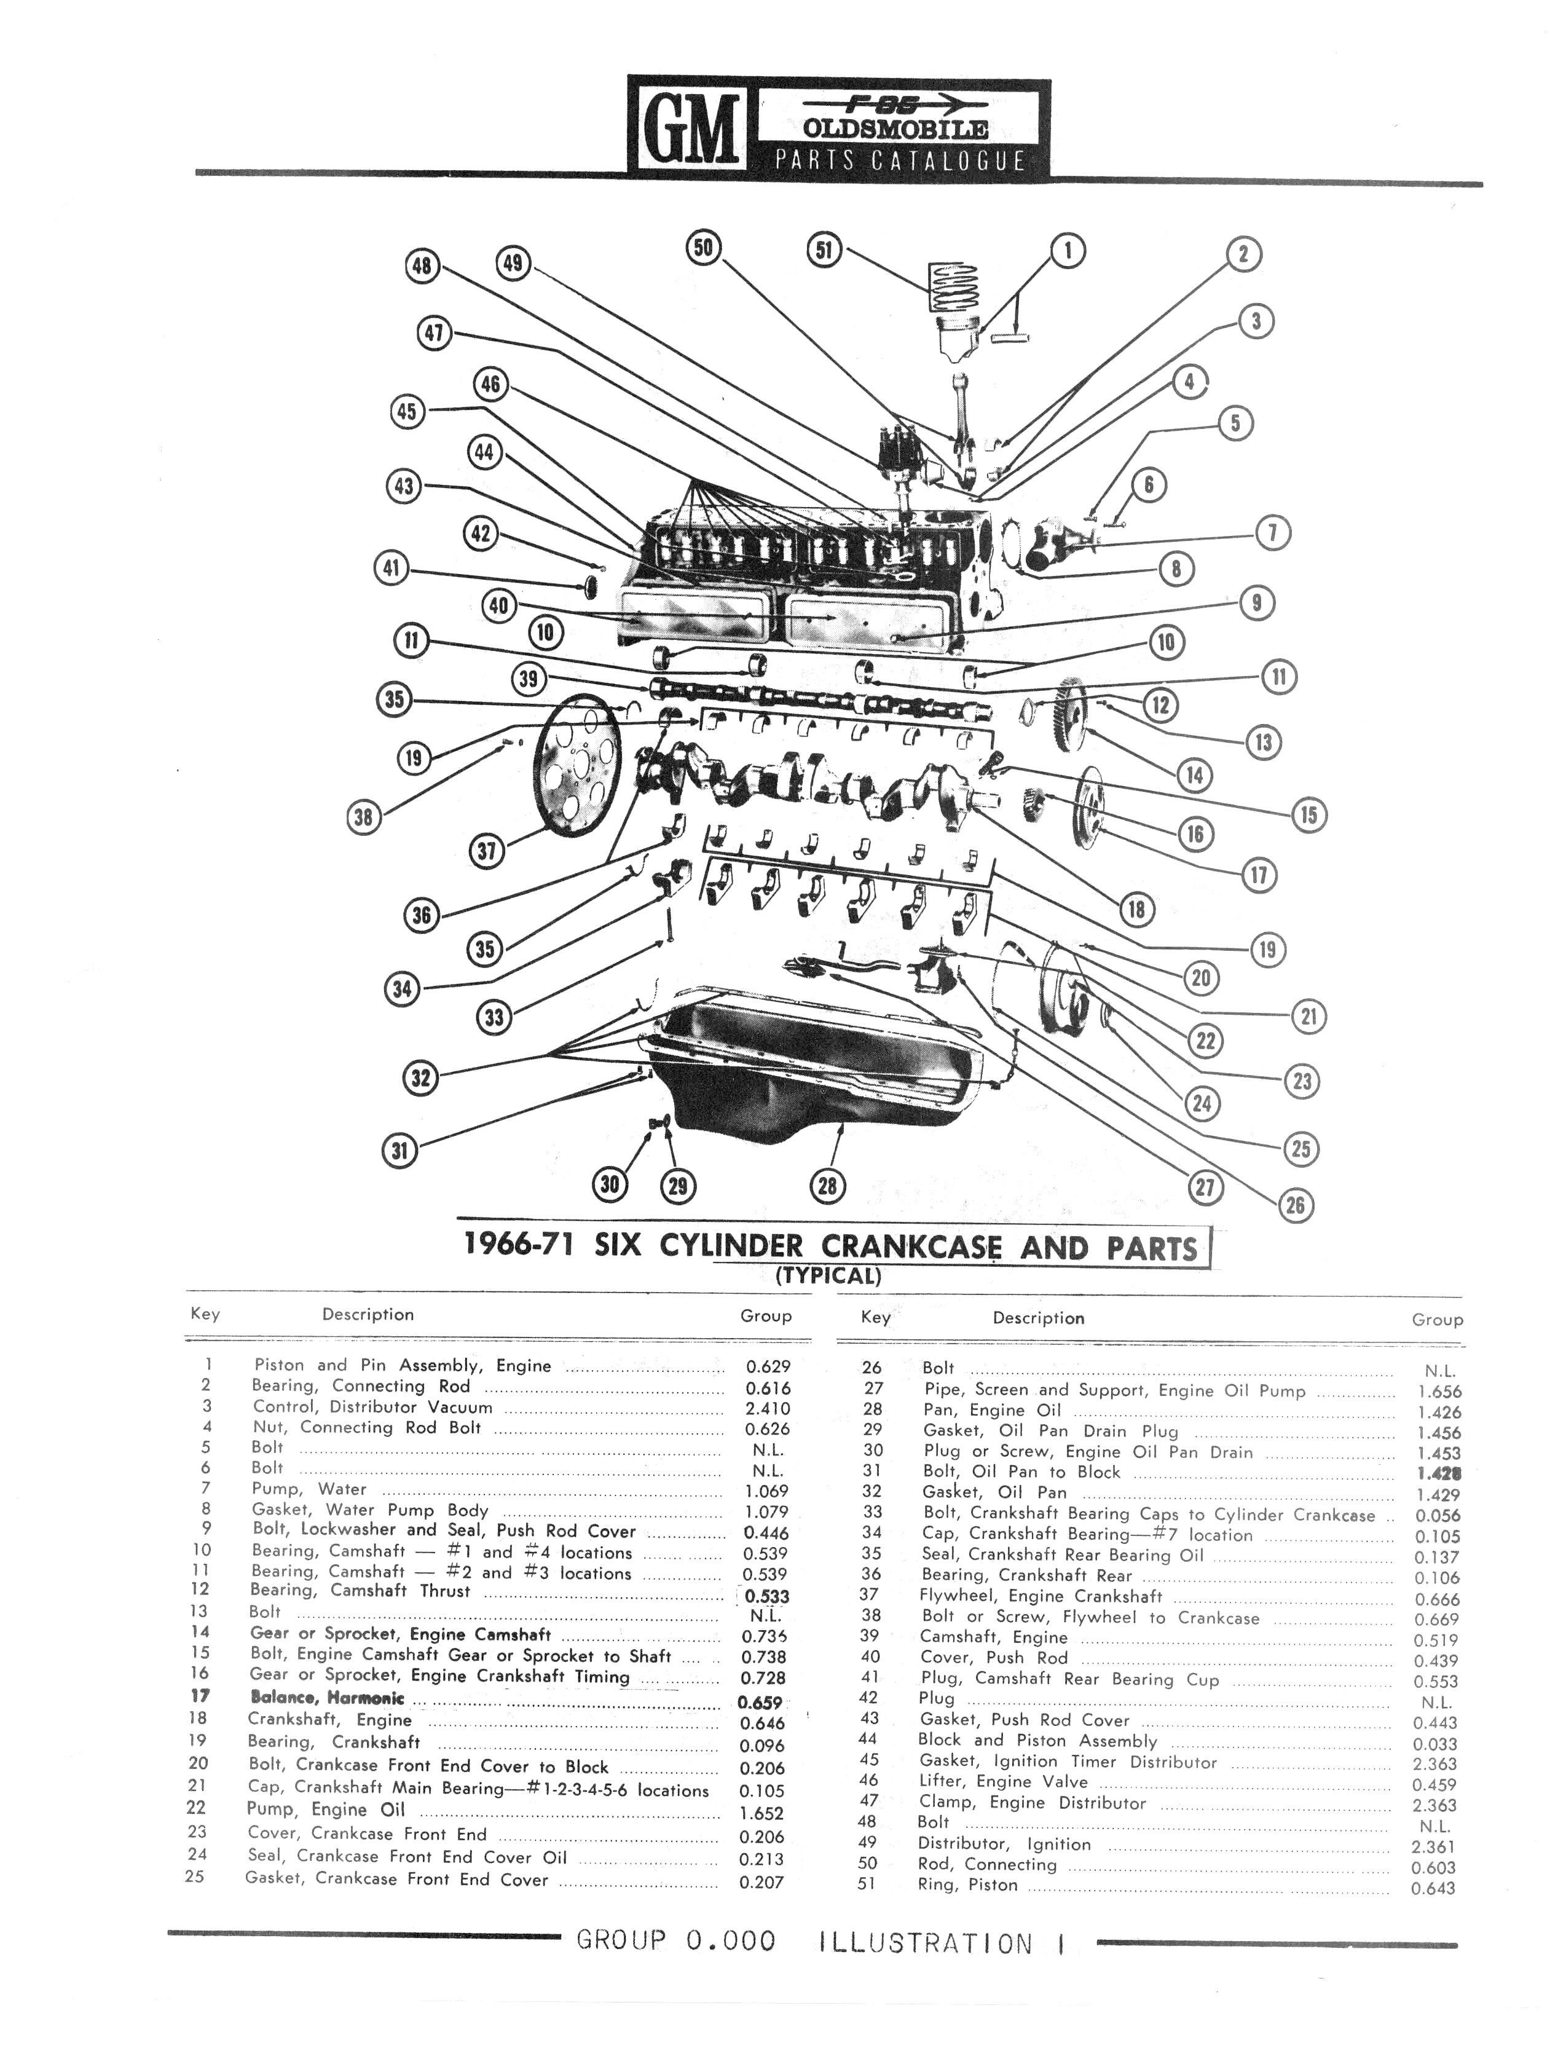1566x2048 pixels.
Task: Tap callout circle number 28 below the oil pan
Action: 827,1185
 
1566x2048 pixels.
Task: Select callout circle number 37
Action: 487,850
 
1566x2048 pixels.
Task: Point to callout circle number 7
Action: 1272,534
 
